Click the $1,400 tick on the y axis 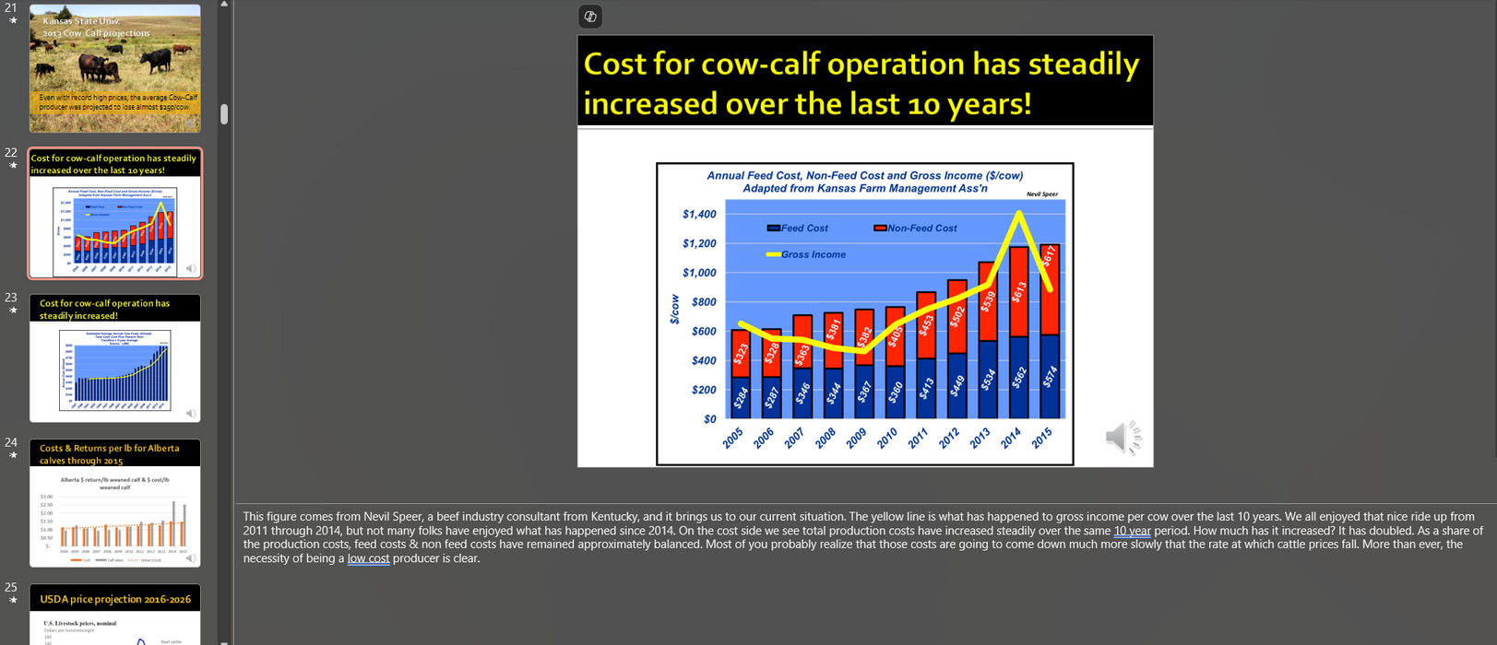(698, 215)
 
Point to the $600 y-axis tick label (703, 332)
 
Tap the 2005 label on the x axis (733, 439)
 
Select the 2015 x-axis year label (1041, 439)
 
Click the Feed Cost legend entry (798, 229)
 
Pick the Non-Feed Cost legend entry (915, 229)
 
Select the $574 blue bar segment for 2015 (1050, 376)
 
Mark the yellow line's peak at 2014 (1018, 213)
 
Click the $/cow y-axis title (674, 310)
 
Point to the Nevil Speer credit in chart (1041, 194)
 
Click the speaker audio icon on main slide (1123, 438)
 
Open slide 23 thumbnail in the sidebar (115, 358)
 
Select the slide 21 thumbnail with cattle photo (115, 68)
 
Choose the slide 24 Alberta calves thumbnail (115, 503)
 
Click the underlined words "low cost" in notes (368, 558)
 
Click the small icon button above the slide (590, 17)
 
